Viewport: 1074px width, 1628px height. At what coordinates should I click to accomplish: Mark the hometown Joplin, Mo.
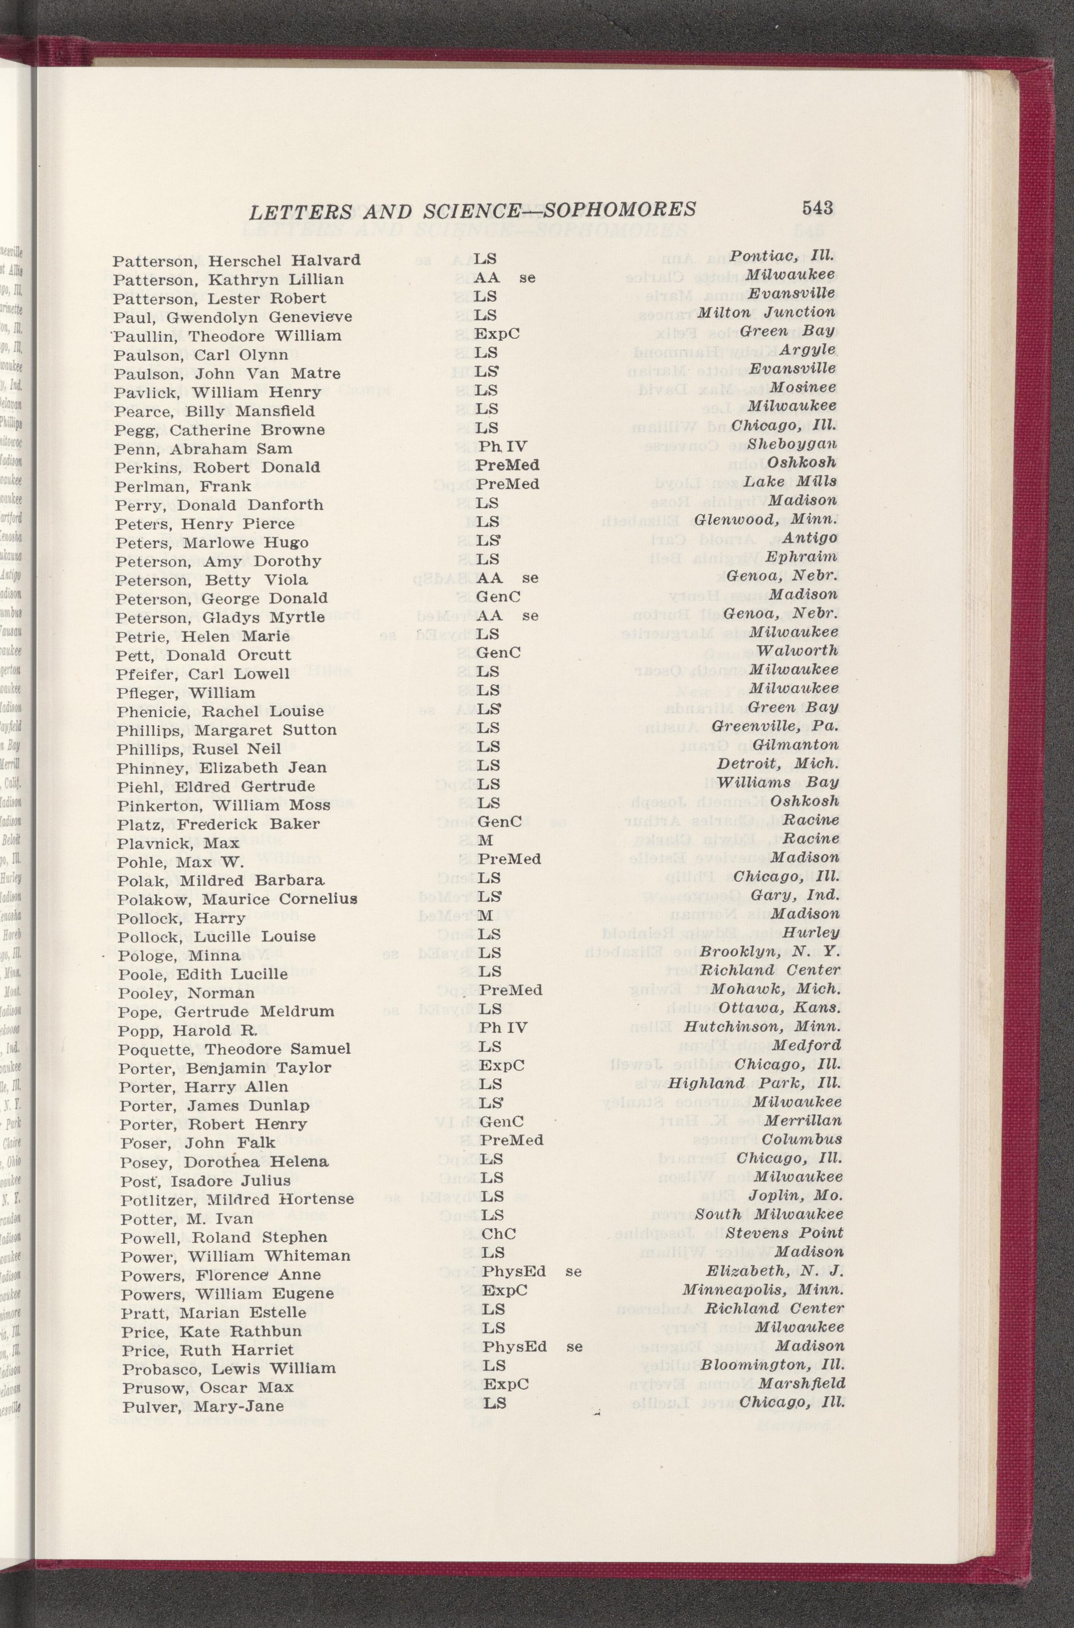[795, 1196]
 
